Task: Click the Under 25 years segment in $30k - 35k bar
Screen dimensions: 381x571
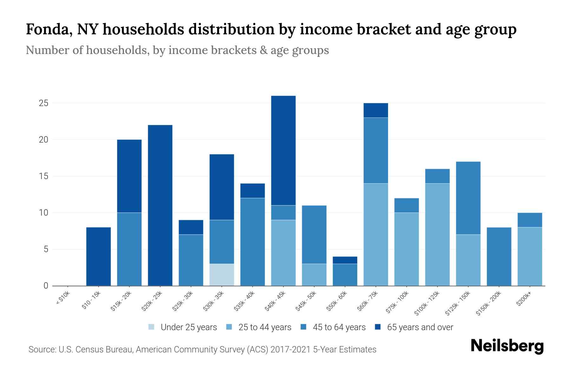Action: [x=222, y=275]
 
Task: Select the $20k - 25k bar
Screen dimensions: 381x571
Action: [x=160, y=205]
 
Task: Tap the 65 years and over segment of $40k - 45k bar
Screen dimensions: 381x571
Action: [x=283, y=150]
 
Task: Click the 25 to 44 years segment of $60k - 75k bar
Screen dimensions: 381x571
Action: [x=376, y=234]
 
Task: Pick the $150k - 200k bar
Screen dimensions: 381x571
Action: [x=499, y=257]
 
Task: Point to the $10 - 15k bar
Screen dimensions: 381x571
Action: [x=99, y=257]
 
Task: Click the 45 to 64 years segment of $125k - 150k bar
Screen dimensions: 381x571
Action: [x=468, y=198]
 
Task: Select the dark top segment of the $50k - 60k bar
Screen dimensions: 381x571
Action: [x=345, y=260]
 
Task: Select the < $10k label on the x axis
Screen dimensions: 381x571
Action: [x=63, y=299]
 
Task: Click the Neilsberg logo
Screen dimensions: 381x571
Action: [x=507, y=346]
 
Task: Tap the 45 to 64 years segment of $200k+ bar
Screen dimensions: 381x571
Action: [x=530, y=220]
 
